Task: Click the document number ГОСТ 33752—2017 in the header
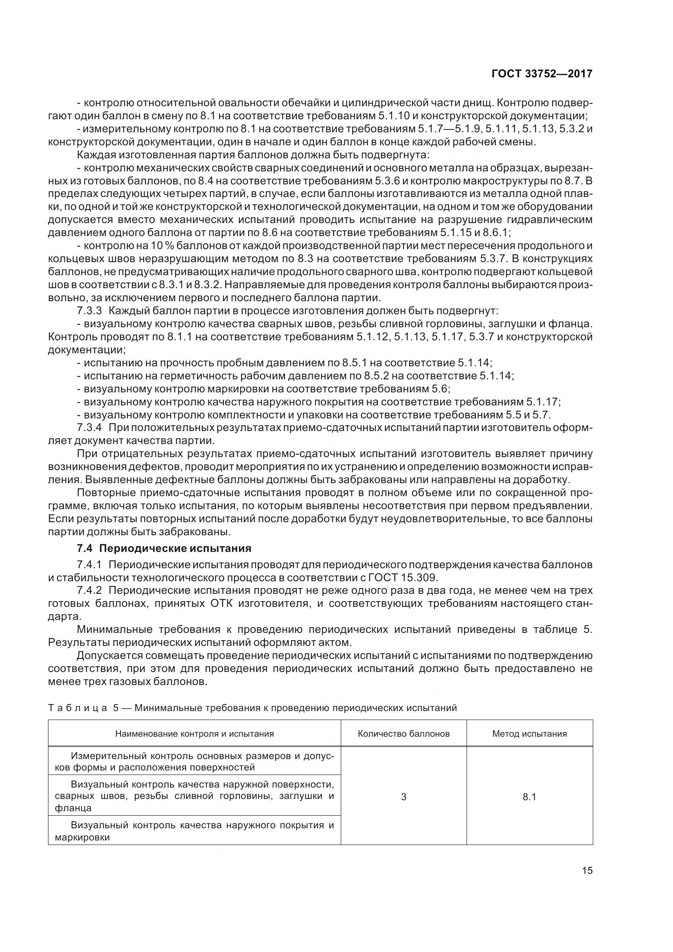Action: pos(541,74)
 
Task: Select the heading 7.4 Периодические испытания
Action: pos(164,548)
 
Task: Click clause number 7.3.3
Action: pos(89,311)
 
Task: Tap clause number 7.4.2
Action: pos(89,590)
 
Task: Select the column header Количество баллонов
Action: pos(403,733)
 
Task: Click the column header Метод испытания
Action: pos(529,733)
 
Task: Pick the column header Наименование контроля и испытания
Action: pos(195,733)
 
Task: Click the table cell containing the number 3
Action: pos(403,797)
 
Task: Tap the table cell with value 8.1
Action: pos(529,797)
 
